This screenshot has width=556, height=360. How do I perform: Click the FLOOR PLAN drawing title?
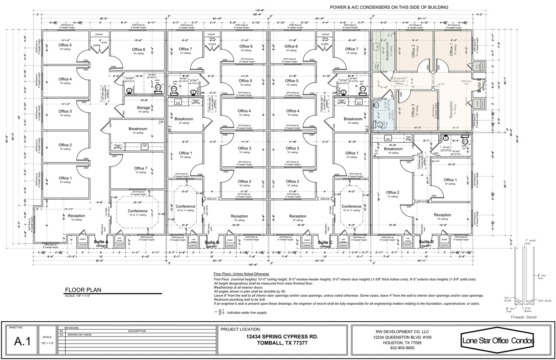(x=83, y=290)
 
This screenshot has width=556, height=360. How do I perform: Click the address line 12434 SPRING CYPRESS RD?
(x=282, y=337)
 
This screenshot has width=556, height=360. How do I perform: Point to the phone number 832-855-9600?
(x=402, y=348)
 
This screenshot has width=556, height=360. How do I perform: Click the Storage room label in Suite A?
(x=143, y=108)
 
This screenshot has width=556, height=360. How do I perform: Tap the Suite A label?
(x=101, y=242)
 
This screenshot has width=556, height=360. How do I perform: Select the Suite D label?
(x=426, y=242)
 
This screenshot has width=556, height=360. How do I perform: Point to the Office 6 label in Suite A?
(x=139, y=50)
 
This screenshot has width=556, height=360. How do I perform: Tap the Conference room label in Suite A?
(x=138, y=211)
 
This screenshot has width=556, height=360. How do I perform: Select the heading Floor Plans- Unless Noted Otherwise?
(x=241, y=274)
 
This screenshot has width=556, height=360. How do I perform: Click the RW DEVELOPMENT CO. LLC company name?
(x=402, y=332)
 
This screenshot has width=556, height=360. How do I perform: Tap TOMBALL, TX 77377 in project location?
(x=282, y=343)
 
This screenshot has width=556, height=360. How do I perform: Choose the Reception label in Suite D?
(x=442, y=215)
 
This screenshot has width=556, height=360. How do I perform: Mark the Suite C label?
(x=325, y=242)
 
